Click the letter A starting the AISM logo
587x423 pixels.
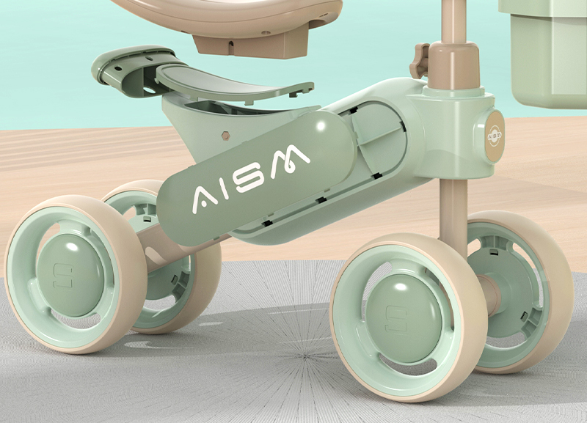(205, 200)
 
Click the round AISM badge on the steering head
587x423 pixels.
(495, 136)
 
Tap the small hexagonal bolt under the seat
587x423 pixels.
(225, 136)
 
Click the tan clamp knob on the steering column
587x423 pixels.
(419, 60)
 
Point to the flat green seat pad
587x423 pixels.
(232, 84)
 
